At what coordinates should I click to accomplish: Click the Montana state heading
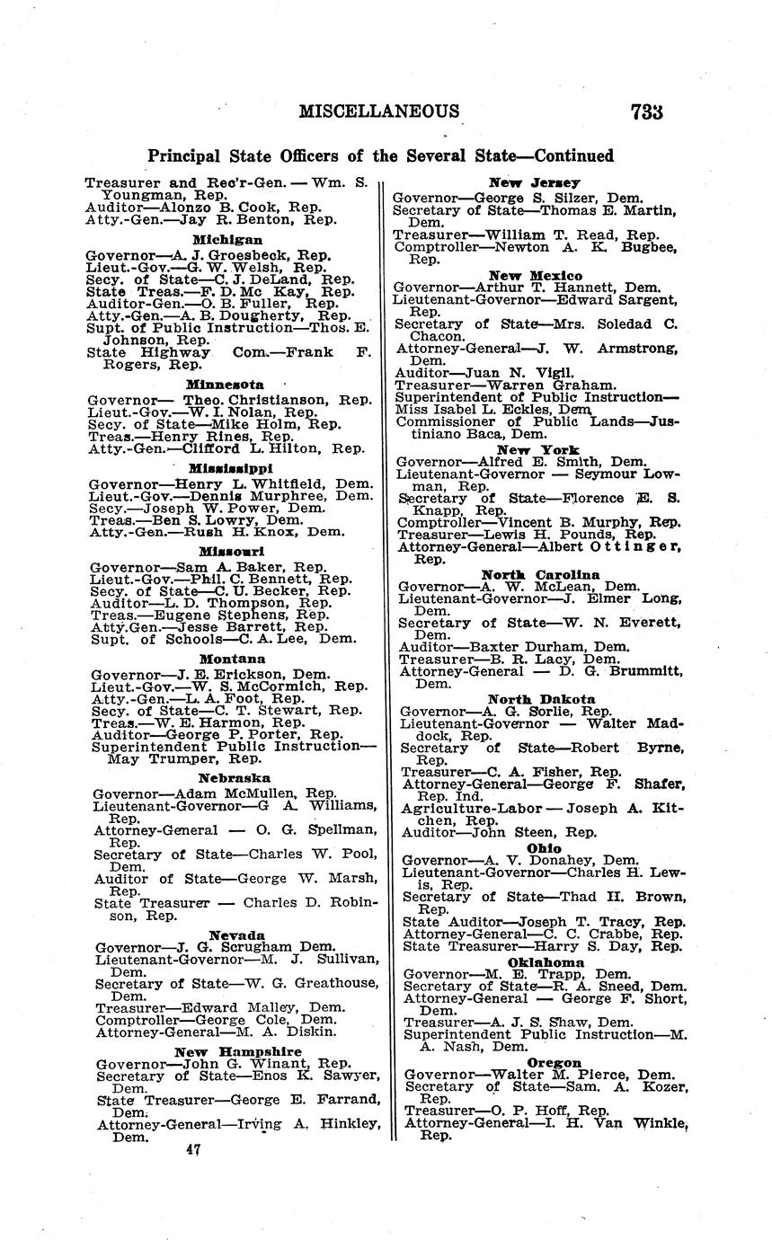[x=231, y=659]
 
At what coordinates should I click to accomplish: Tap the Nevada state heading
[x=237, y=934]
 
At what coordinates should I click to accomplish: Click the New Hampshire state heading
[x=238, y=1051]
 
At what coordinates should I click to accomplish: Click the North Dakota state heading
[x=541, y=699]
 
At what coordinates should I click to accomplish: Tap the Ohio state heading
[x=544, y=847]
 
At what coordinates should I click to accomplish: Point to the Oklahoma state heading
[x=546, y=961]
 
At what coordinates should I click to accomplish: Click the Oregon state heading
[x=547, y=1062]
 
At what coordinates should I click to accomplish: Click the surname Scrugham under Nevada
[x=255, y=947]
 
